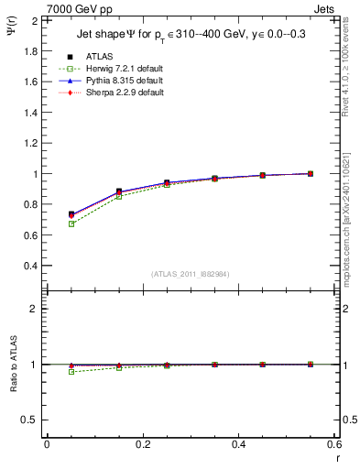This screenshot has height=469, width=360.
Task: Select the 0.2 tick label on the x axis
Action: coord(142,444)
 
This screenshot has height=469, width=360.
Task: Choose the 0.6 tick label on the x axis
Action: coord(335,444)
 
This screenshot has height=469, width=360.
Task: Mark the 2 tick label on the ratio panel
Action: coord(34,309)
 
